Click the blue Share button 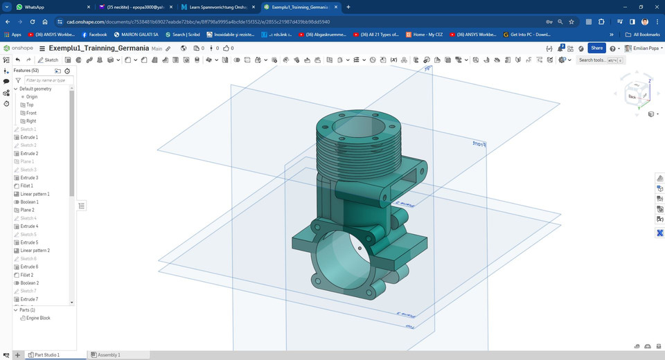[x=596, y=48]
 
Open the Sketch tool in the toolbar [x=48, y=60]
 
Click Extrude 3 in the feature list [x=29, y=178]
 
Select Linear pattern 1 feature [x=34, y=194]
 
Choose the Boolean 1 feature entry [x=29, y=202]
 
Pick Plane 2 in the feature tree [x=27, y=210]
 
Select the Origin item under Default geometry [x=32, y=97]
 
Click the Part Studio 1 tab [x=46, y=354]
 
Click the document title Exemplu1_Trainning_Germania [x=99, y=48]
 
